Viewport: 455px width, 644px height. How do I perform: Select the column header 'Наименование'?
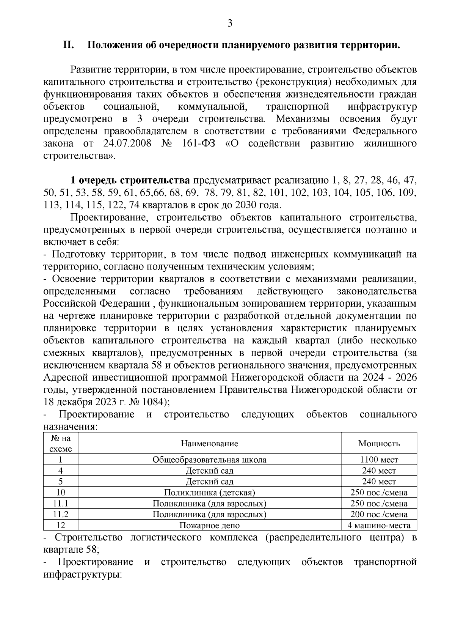point(209,443)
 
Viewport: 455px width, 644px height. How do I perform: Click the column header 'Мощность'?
point(379,443)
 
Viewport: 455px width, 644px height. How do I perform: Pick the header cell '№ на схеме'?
point(61,443)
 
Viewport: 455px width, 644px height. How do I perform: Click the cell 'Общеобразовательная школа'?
point(209,460)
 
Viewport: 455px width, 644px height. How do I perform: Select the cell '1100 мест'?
point(379,460)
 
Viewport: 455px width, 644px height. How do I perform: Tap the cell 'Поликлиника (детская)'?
point(209,493)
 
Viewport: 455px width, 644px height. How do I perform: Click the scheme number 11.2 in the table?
point(61,514)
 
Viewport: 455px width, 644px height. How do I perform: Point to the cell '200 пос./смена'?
point(379,514)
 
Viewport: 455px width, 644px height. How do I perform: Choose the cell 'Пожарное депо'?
point(209,525)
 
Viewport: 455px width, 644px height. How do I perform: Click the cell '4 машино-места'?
point(379,525)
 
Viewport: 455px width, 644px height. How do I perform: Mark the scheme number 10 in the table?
point(61,493)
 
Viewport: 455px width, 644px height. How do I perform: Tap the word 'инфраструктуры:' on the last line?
point(82,574)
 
